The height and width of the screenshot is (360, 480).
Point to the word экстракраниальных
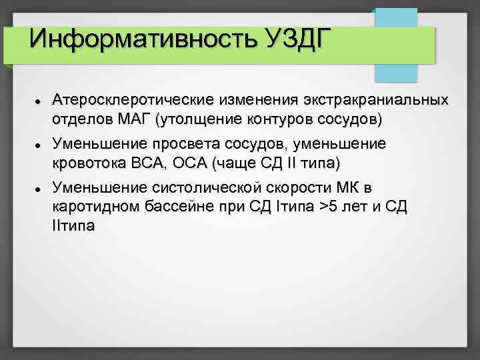(x=379, y=101)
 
